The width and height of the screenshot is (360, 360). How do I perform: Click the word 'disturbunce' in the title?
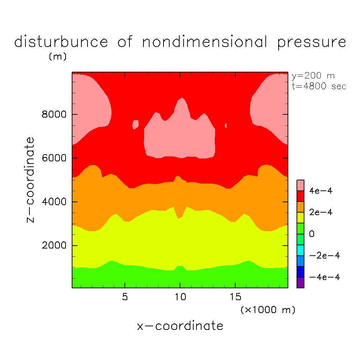click(x=61, y=42)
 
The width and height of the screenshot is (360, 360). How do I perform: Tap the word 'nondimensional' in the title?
click(x=205, y=42)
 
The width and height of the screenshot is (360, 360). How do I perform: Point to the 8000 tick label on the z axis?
click(x=53, y=115)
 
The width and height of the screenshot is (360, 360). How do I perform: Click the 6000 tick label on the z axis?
click(x=53, y=158)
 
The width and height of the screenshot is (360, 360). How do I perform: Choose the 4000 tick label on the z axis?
click(x=53, y=202)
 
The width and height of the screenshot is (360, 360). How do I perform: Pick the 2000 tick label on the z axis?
click(x=53, y=246)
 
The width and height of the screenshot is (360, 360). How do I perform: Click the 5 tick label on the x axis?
click(x=124, y=297)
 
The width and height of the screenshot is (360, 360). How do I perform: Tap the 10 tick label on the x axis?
click(x=180, y=297)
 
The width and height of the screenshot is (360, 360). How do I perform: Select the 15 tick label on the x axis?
click(x=235, y=297)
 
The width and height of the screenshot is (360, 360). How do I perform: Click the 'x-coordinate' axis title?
click(x=180, y=326)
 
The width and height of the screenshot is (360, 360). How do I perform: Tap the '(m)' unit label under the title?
click(x=57, y=57)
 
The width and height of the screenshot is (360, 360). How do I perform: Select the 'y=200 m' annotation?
click(x=313, y=76)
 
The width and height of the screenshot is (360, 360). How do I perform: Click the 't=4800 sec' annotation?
click(x=319, y=86)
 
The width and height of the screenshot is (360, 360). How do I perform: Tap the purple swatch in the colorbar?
click(x=300, y=283)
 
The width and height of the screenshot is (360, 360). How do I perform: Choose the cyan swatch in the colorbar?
click(x=300, y=250)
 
